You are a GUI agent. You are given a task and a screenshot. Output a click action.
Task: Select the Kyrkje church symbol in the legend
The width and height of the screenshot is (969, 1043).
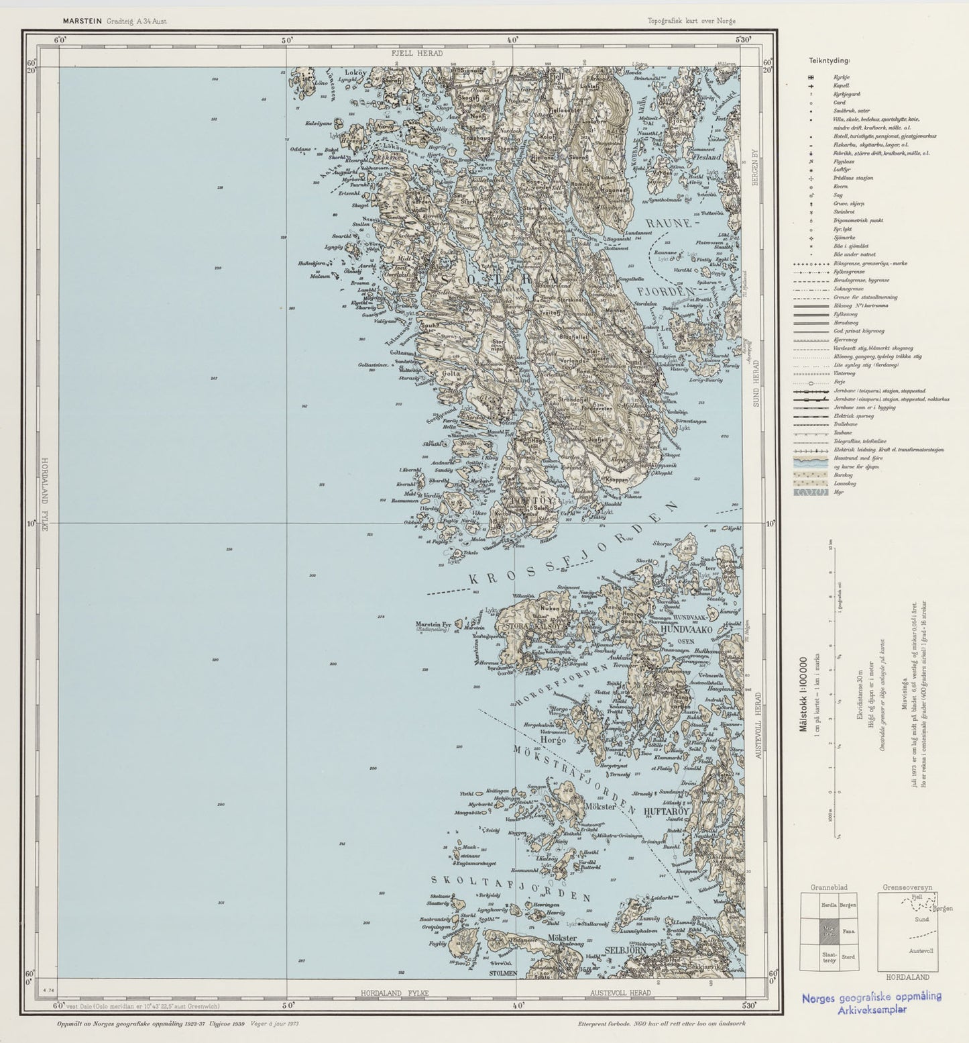[811, 78]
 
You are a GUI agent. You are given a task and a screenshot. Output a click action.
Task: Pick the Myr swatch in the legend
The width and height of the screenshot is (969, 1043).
[814, 492]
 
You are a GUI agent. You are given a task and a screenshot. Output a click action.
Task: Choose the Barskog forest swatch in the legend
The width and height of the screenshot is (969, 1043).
[814, 475]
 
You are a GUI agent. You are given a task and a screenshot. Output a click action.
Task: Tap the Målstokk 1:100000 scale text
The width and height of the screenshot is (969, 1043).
[803, 699]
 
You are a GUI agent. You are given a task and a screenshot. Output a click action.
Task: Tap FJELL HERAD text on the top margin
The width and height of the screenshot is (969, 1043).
[417, 52]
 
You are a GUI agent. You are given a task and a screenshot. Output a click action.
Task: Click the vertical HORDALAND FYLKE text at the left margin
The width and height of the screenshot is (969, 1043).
[45, 494]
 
